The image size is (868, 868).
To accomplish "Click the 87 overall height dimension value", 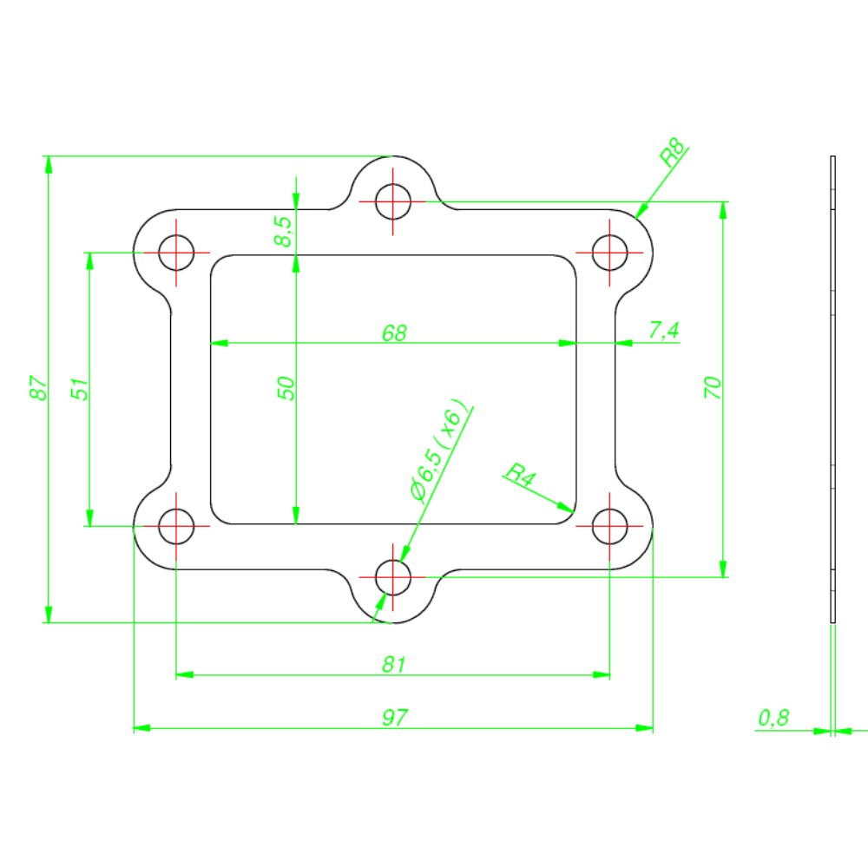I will click(x=37, y=388).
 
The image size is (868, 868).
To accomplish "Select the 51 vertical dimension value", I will click(x=79, y=388).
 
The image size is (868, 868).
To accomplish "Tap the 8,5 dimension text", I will click(x=284, y=232).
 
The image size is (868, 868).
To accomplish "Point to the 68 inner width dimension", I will click(x=393, y=332).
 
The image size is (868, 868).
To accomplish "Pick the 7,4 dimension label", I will click(x=663, y=330).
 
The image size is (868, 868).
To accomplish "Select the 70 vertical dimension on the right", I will click(x=713, y=387).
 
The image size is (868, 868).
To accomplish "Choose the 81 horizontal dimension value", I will click(x=394, y=664).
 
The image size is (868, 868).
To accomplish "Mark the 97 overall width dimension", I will click(x=394, y=718).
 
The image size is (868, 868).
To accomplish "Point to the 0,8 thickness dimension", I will click(x=773, y=718).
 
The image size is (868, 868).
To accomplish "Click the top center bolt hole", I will click(x=393, y=202).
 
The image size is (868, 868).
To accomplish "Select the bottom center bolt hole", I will click(x=393, y=576).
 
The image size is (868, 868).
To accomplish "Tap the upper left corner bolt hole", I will click(x=176, y=253).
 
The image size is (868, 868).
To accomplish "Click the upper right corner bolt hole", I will click(x=610, y=253).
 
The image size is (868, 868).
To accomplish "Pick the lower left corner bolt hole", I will click(x=176, y=526).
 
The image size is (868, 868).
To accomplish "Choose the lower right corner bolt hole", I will click(x=610, y=526).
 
